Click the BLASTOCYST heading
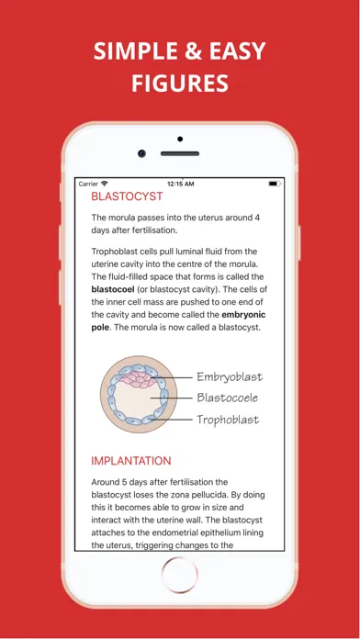pyautogui.click(x=127, y=196)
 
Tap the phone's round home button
pyautogui.click(x=179, y=576)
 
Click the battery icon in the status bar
pyautogui.click(x=275, y=184)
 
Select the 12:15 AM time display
pyautogui.click(x=181, y=184)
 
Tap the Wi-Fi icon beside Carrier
pyautogui.click(x=105, y=184)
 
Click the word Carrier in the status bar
pyautogui.click(x=88, y=184)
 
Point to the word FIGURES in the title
pyautogui.click(x=180, y=84)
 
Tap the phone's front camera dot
pyautogui.click(x=141, y=153)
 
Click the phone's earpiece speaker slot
pyautogui.click(x=180, y=153)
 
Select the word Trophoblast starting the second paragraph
pyautogui.click(x=118, y=250)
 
